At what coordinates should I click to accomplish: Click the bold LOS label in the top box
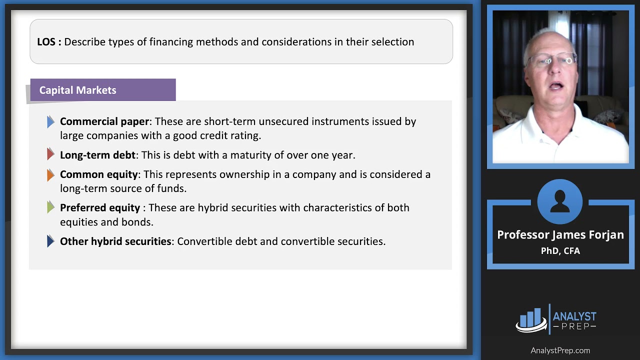click(48, 42)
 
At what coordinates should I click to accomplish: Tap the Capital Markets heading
click(77, 90)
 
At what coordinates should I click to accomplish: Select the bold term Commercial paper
click(104, 121)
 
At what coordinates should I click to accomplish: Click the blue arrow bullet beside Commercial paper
click(50, 121)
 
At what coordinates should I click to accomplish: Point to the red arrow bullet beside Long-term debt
click(50, 154)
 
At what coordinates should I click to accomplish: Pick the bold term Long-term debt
click(97, 155)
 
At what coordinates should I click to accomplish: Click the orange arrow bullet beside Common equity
click(50, 174)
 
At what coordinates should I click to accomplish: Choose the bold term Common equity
click(98, 174)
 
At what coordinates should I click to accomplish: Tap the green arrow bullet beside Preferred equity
click(50, 207)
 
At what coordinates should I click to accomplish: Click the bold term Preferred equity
click(100, 208)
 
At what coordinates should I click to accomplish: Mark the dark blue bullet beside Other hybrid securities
click(50, 241)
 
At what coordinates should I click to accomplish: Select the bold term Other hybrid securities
click(115, 241)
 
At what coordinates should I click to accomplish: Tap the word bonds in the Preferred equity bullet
click(137, 222)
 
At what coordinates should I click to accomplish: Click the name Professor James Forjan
click(560, 235)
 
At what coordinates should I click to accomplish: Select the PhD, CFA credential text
click(560, 251)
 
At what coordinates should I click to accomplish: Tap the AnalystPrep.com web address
click(560, 350)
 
